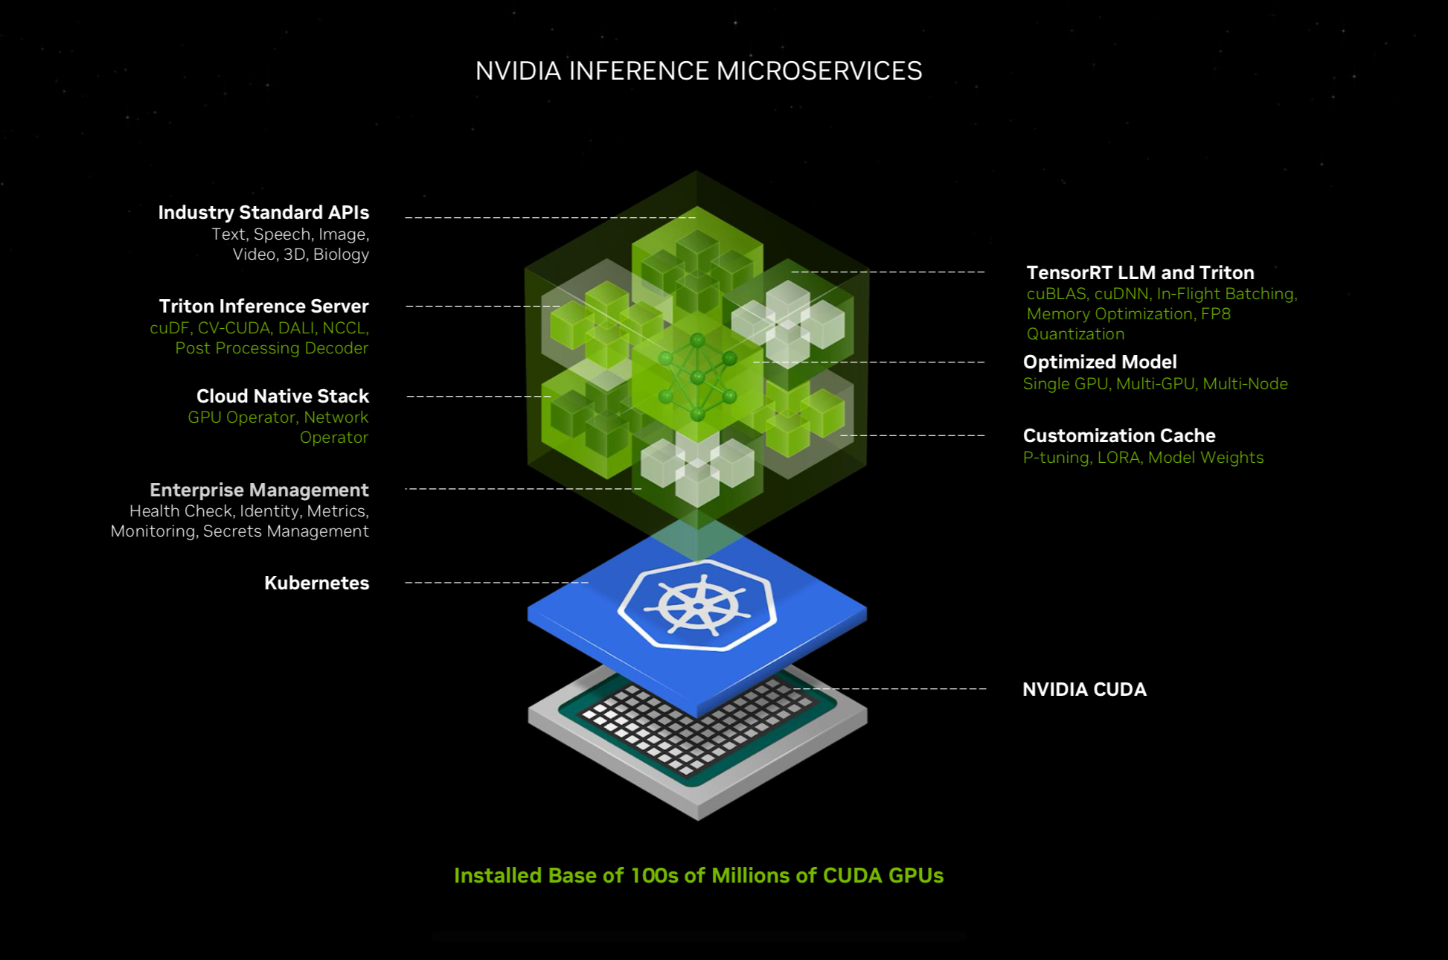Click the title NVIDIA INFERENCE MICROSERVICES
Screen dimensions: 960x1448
(698, 71)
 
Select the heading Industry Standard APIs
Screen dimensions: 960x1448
(263, 213)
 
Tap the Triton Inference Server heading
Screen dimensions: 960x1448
(263, 307)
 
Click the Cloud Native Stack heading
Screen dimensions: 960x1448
(282, 396)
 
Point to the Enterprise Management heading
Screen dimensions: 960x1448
(259, 490)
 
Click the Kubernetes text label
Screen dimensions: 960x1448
(316, 583)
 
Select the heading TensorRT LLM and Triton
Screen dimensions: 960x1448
(1140, 273)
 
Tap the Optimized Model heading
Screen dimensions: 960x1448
(1099, 362)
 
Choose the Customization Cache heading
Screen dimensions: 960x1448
(1118, 436)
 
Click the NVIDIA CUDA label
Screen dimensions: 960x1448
(1084, 690)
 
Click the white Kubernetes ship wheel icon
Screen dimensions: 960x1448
(697, 606)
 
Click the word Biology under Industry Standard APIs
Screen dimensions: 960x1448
(341, 255)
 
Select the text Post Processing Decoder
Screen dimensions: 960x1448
(272, 348)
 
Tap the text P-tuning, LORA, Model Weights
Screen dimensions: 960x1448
(1143, 458)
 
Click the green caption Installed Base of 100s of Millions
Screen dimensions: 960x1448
(698, 876)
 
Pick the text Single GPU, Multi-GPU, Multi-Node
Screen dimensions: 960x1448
(1155, 384)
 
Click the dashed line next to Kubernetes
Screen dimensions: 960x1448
(496, 583)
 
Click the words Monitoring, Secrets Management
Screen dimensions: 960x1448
(240, 531)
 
